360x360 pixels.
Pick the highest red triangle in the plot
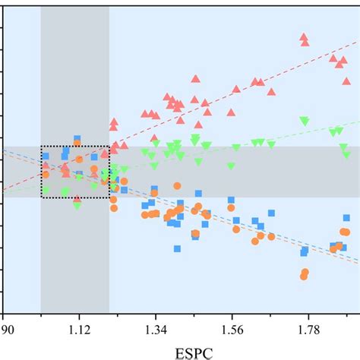coord(304,37)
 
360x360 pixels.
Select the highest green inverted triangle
coord(305,121)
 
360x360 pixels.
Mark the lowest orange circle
coord(303,276)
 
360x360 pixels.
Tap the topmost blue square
coord(77,139)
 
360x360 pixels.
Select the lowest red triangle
coord(77,199)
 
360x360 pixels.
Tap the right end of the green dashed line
coord(358,121)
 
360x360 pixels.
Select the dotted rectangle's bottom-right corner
coord(109,197)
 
